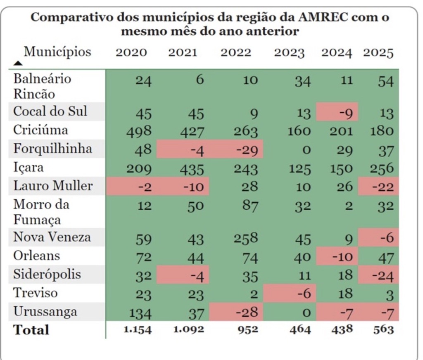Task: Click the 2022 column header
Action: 235,53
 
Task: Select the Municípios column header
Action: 57,52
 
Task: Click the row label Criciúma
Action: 40,130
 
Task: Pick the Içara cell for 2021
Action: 190,169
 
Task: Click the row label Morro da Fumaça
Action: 41,212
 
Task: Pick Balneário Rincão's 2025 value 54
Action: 385,81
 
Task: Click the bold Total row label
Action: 31,330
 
